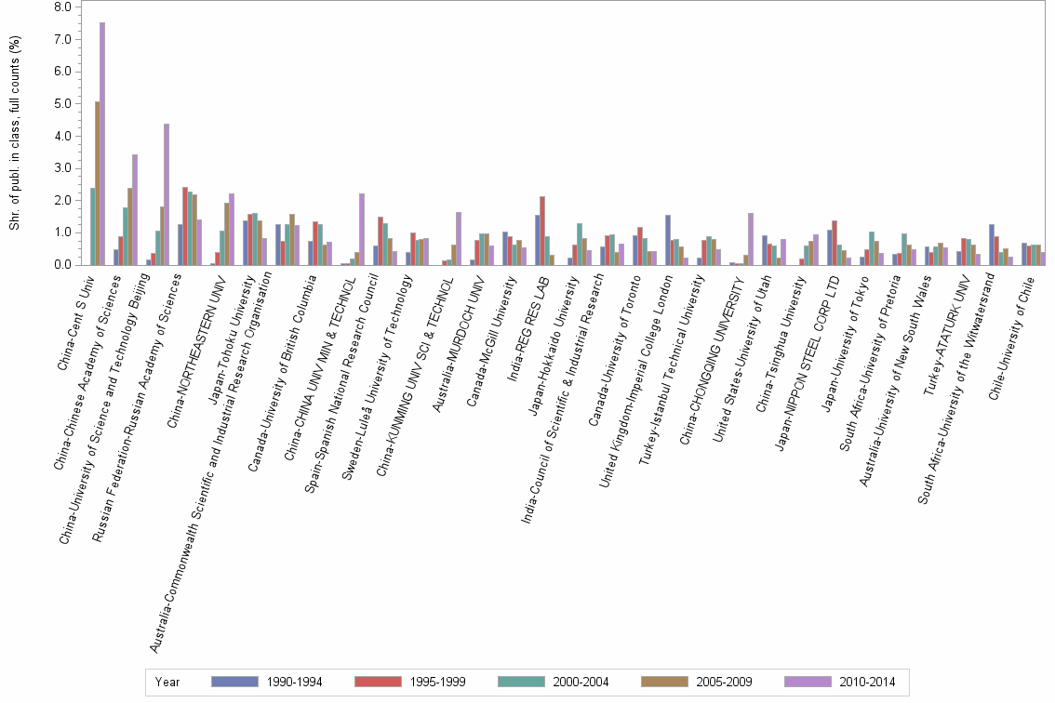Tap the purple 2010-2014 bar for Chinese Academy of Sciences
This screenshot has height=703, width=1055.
135,210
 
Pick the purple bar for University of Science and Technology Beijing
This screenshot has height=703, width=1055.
167,194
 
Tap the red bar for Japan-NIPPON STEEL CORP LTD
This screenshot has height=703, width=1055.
835,243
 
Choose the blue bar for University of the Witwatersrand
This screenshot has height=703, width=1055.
992,245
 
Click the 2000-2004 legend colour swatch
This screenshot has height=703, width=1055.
532,682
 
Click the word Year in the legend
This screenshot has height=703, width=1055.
167,682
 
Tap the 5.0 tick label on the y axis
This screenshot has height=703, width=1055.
63,104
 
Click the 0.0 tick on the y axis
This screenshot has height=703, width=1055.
63,265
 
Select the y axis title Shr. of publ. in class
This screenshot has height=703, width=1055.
13,139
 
